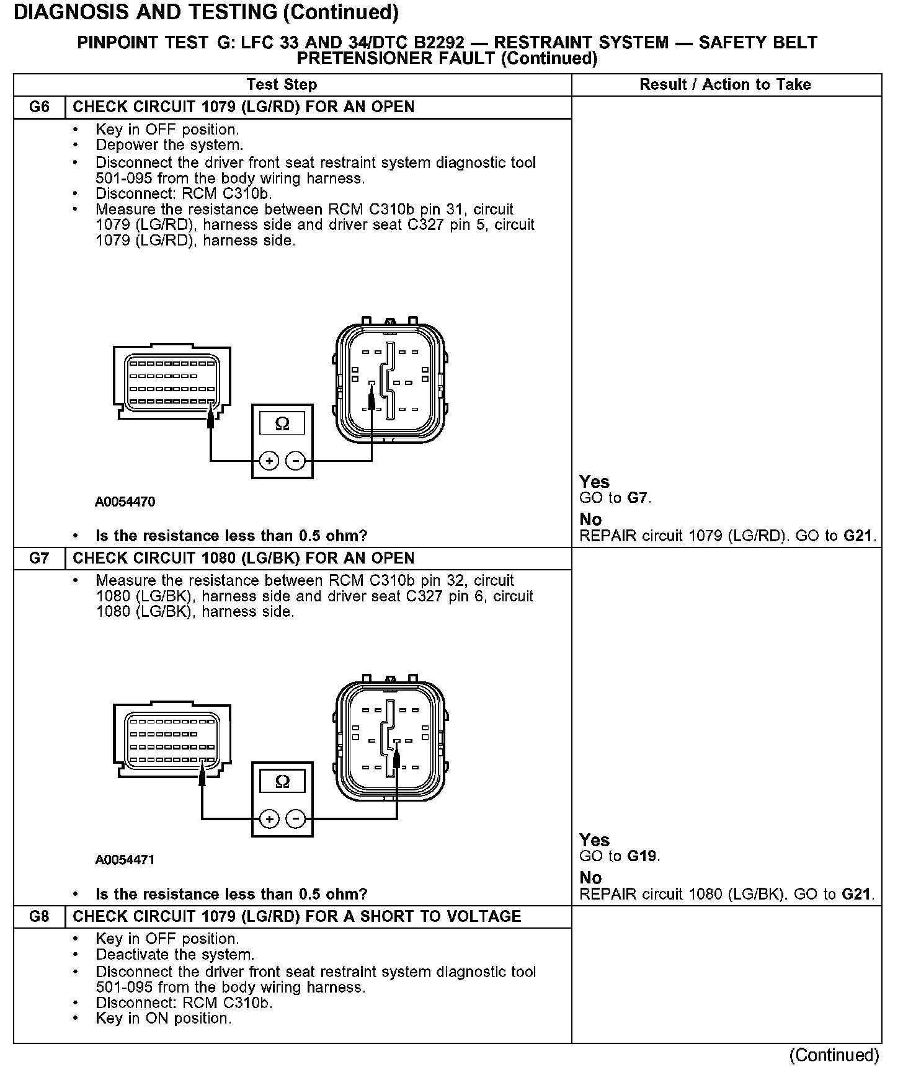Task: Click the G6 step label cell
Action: click(39, 107)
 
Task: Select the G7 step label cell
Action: click(39, 559)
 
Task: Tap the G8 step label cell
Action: click(39, 917)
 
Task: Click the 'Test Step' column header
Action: click(282, 85)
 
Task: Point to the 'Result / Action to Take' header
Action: click(725, 85)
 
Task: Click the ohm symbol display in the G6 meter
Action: click(282, 424)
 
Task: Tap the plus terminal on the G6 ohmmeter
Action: click(269, 461)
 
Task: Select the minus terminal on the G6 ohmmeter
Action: click(296, 461)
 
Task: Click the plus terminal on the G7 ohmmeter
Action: click(269, 820)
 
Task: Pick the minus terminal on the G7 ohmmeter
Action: click(296, 820)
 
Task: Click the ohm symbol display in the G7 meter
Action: click(282, 781)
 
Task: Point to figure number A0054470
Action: click(125, 502)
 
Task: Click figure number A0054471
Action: click(125, 860)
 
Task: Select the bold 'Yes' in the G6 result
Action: click(594, 482)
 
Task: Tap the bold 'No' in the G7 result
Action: click(590, 878)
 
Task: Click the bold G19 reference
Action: click(642, 857)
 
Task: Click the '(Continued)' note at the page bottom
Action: click(834, 1055)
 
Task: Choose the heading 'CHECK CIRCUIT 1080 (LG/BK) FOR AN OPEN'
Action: click(244, 559)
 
